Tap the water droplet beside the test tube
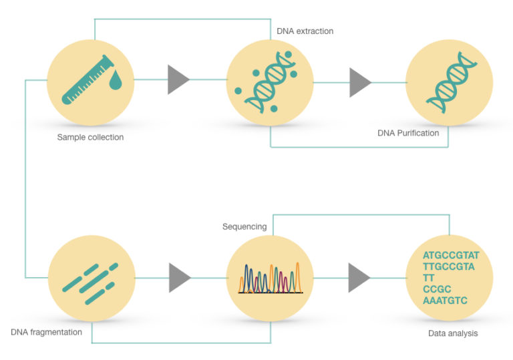point(116,81)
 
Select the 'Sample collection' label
point(91,138)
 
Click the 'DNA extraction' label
point(305,31)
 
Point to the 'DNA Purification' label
point(408,133)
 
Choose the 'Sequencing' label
point(244,227)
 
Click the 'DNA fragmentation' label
point(46,332)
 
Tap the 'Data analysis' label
point(453,332)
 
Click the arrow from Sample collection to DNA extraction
point(178,79)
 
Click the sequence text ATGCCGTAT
point(451,255)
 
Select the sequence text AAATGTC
point(445,301)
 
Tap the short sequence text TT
point(429,278)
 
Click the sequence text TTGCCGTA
point(448,266)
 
